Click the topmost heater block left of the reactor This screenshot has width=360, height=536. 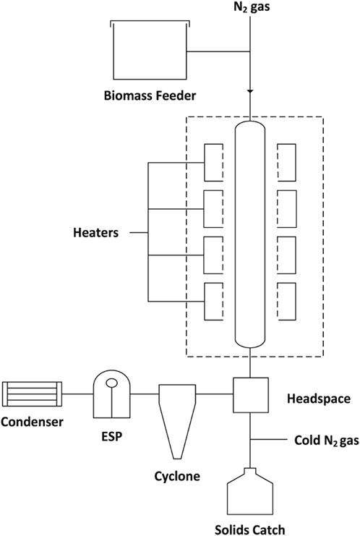[x=213, y=163]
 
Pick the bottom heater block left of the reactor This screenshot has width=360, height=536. [x=213, y=301]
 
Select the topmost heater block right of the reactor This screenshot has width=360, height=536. [x=286, y=163]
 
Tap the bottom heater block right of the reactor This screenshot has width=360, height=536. [x=286, y=301]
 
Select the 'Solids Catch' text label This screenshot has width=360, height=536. [x=249, y=529]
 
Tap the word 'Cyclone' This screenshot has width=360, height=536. [x=177, y=477]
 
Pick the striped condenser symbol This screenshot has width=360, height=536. [x=32, y=394]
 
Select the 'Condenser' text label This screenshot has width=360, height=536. [x=32, y=422]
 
